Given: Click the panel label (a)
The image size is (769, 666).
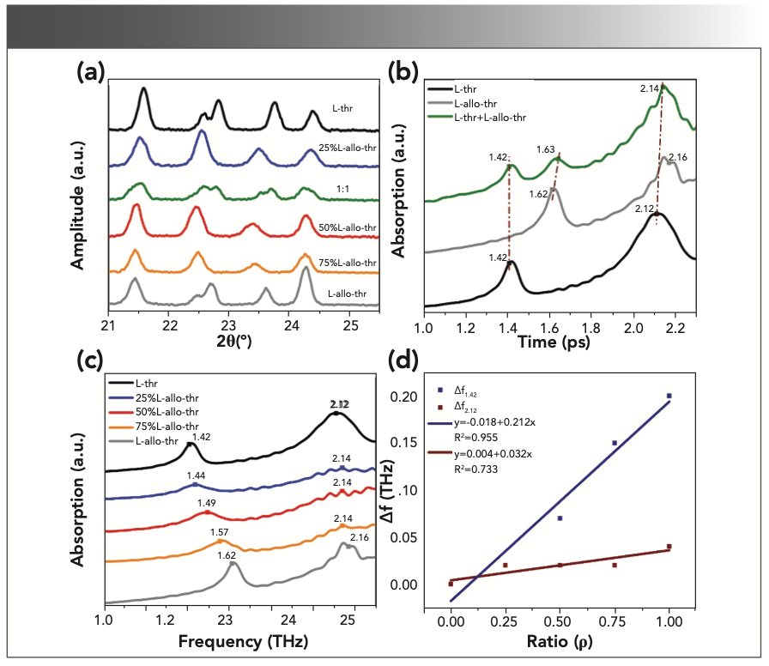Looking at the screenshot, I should click(x=91, y=72).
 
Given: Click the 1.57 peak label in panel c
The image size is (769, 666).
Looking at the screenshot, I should click(x=223, y=532).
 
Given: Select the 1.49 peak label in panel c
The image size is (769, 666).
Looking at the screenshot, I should click(x=207, y=503).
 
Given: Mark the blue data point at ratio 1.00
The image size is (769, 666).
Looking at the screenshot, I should click(x=669, y=396).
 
